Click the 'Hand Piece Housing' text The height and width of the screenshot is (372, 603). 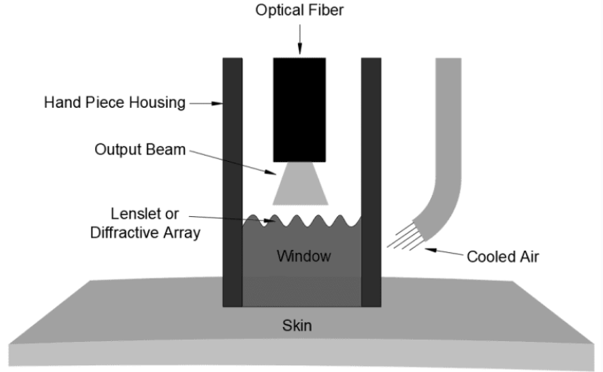pyautogui.click(x=114, y=103)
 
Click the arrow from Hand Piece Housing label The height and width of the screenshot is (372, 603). pyautogui.click(x=205, y=103)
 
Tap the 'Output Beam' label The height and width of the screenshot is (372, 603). pyautogui.click(x=140, y=149)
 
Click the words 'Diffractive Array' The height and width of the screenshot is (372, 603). pyautogui.click(x=145, y=233)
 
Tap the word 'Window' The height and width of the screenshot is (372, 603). pyautogui.click(x=304, y=256)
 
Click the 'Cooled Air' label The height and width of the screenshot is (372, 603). pyautogui.click(x=503, y=257)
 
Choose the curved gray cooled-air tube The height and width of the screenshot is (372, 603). pyautogui.click(x=447, y=156)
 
